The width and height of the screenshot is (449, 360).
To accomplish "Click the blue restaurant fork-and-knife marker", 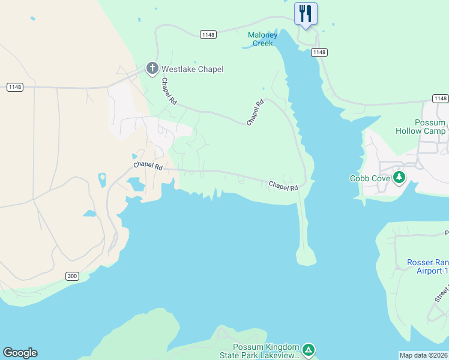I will tap(306, 13).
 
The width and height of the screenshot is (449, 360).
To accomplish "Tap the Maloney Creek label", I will tap(263, 39).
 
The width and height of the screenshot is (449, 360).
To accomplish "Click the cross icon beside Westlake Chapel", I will tap(152, 69).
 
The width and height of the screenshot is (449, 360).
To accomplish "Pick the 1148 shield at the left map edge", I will tap(15, 88).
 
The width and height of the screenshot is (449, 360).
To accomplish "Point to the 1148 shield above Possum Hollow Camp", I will tap(440, 98).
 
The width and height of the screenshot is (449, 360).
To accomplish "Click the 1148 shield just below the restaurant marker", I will tap(319, 53).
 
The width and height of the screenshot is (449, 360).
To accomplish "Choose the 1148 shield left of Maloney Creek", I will tap(208, 35).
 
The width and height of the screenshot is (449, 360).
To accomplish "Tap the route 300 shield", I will tap(72, 276).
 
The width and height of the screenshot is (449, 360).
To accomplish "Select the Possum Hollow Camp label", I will tap(421, 127).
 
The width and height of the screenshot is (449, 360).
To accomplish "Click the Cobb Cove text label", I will tap(370, 178).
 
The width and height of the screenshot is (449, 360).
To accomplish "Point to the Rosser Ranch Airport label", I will tap(428, 266).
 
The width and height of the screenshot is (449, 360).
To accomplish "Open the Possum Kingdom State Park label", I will tap(267, 352).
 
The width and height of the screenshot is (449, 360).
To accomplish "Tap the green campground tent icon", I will tap(308, 350).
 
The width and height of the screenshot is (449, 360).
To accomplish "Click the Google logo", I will tap(20, 353).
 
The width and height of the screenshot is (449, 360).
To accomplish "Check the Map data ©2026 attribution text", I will tap(423, 355).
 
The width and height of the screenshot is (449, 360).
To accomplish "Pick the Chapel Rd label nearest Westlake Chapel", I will tap(169, 92).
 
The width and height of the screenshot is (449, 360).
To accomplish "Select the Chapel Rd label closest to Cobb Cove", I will tap(283, 186).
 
